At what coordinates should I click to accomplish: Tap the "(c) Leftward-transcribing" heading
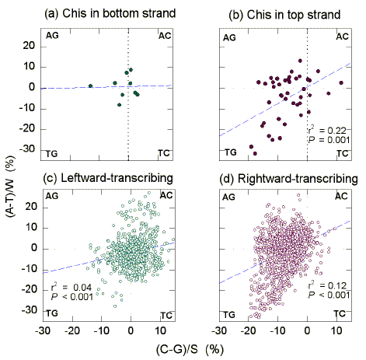tap(106, 178)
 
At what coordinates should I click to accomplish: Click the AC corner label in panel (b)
tap(342, 37)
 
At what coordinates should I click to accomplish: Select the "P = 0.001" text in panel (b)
tap(322, 140)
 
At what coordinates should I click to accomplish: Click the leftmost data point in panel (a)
tap(90, 86)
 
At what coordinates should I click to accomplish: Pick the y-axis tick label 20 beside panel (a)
tap(30, 46)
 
